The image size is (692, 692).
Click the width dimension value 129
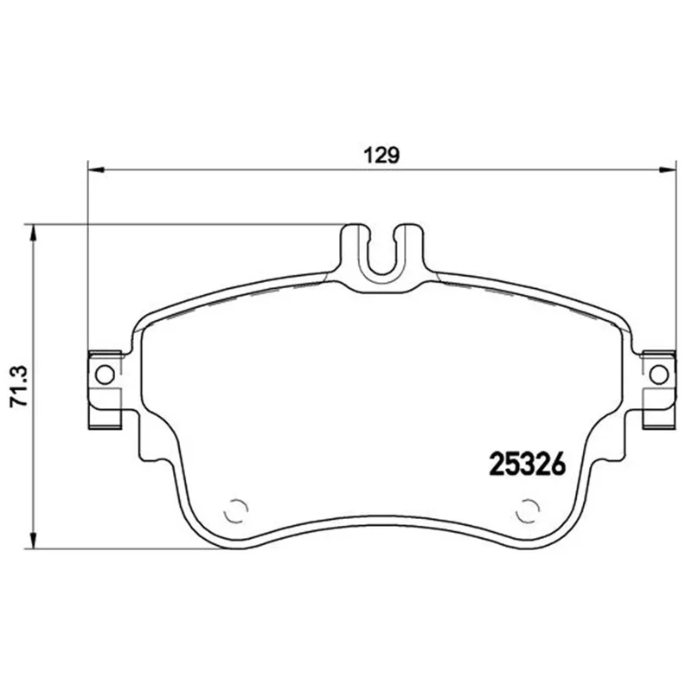click(x=381, y=156)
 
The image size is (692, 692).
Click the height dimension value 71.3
click(x=19, y=386)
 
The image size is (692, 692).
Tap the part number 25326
click(x=528, y=465)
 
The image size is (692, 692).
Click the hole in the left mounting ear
click(x=105, y=375)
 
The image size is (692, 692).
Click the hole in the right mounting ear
click(x=659, y=375)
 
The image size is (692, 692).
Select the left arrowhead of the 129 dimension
click(x=97, y=170)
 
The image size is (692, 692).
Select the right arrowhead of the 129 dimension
click(x=667, y=170)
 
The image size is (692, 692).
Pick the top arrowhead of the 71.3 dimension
click(x=32, y=234)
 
